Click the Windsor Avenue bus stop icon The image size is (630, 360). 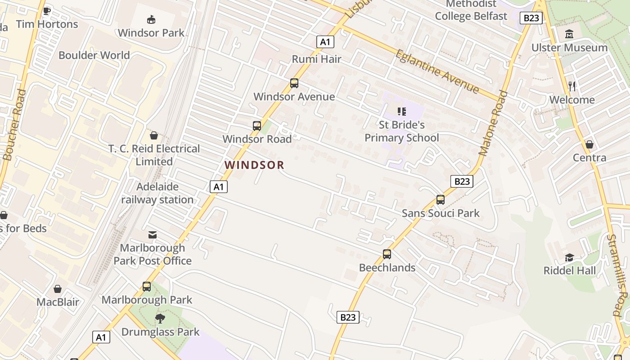[x=294, y=83]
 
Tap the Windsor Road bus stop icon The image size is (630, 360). [x=257, y=126]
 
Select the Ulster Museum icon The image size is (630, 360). [x=569, y=34]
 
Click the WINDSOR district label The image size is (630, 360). [x=254, y=165]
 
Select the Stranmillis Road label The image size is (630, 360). [x=616, y=274]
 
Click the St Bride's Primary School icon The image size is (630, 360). [x=401, y=111]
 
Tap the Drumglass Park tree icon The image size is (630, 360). [x=160, y=319]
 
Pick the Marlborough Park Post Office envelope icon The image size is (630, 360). [x=153, y=234]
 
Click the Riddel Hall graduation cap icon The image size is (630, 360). [x=569, y=257]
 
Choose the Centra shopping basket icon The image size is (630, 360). [x=589, y=144]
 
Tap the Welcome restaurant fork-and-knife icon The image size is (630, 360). [x=572, y=86]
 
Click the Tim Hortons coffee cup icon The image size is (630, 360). [x=46, y=11]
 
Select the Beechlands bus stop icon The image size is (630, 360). [x=387, y=254]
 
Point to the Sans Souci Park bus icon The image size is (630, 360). [x=440, y=200]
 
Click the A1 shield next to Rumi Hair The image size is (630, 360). [x=325, y=42]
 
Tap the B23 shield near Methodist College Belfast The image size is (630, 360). [x=531, y=18]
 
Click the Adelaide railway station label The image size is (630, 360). [x=157, y=193]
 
